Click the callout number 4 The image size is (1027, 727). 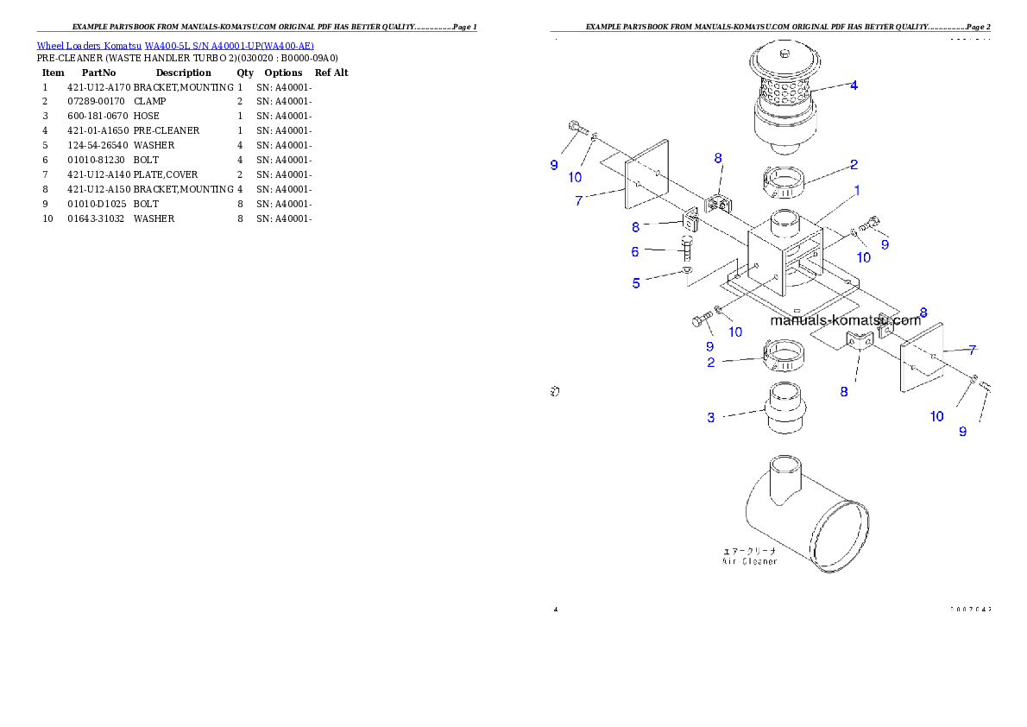pyautogui.click(x=854, y=85)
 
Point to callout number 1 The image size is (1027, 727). pyautogui.click(x=857, y=189)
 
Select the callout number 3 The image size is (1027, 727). pyautogui.click(x=711, y=418)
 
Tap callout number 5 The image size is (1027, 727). pyautogui.click(x=636, y=283)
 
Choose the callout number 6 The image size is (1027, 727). pyautogui.click(x=635, y=252)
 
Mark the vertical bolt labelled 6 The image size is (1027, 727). pyautogui.click(x=687, y=251)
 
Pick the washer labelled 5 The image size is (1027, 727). pyautogui.click(x=686, y=271)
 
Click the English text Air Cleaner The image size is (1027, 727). pyautogui.click(x=749, y=561)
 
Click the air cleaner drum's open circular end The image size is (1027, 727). pyautogui.click(x=841, y=530)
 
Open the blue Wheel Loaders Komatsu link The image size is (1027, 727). pyautogui.click(x=175, y=45)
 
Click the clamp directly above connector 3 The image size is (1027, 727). pyautogui.click(x=785, y=354)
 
